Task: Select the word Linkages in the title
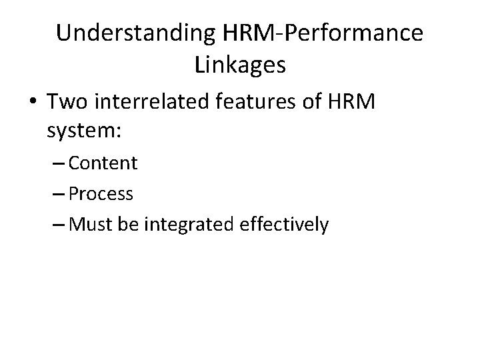241,65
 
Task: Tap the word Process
100,194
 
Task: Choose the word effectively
283,225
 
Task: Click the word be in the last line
127,225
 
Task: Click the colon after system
118,131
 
